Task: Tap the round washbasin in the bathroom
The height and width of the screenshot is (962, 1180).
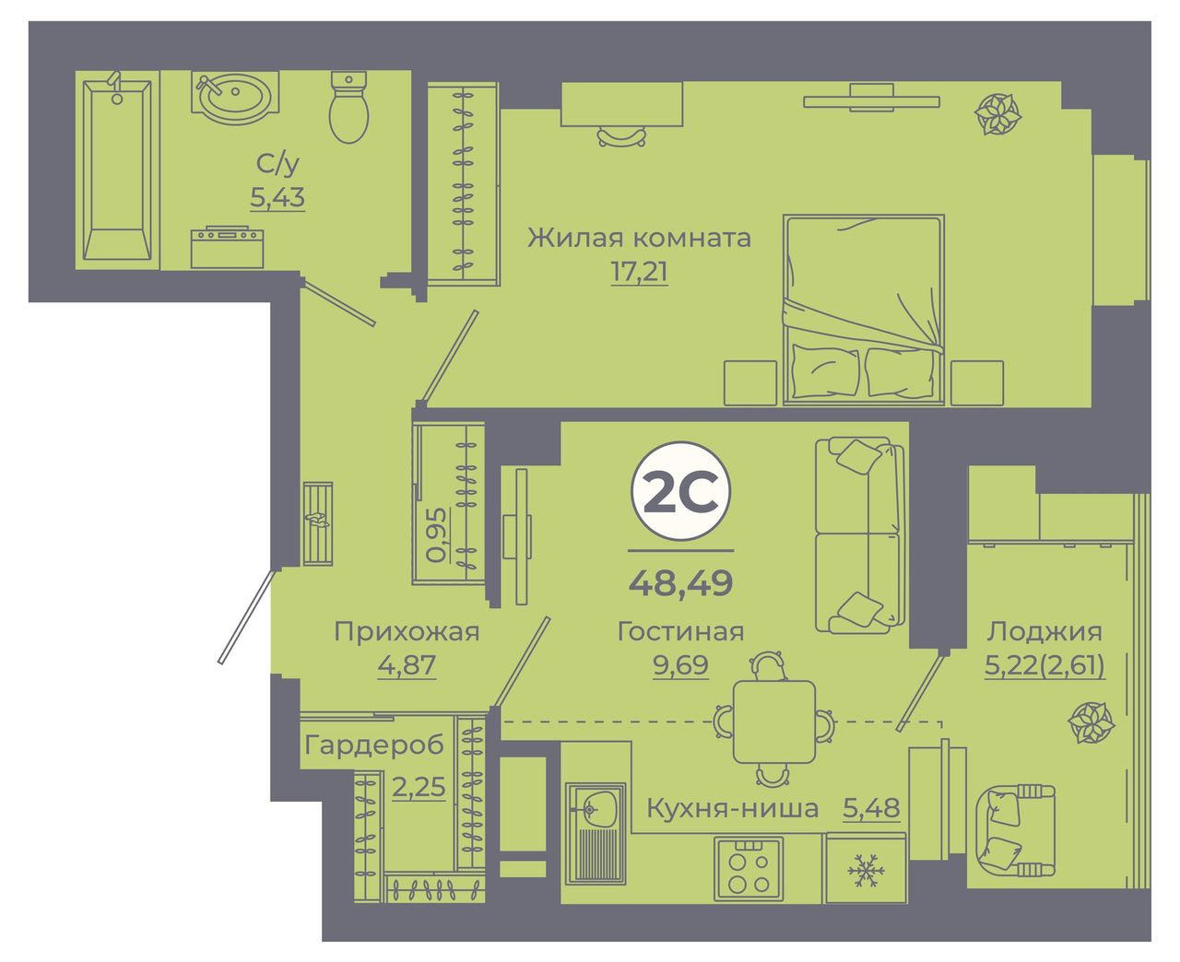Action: tap(235, 98)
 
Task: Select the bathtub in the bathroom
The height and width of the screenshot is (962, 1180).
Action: tap(117, 170)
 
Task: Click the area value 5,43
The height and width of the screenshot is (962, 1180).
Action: tap(277, 197)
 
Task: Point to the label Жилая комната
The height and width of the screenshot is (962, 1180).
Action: tap(639, 239)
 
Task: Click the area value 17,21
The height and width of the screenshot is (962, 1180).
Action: tap(639, 273)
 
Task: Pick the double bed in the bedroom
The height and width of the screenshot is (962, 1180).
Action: tap(863, 310)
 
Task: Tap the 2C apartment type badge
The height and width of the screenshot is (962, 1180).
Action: tap(680, 491)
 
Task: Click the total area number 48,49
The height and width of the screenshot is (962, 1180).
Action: tap(680, 583)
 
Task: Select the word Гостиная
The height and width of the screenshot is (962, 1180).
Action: tap(680, 632)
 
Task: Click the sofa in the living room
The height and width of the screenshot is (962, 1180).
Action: tap(859, 535)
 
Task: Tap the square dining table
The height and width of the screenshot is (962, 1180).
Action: tap(774, 721)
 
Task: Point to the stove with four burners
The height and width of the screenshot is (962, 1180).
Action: tap(749, 868)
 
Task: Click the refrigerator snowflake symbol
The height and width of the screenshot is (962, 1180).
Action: tap(866, 870)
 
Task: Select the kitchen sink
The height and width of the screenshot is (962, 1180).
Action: tap(595, 834)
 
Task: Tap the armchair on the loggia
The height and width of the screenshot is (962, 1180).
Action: tap(1015, 830)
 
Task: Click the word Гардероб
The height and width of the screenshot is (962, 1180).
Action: tap(374, 745)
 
